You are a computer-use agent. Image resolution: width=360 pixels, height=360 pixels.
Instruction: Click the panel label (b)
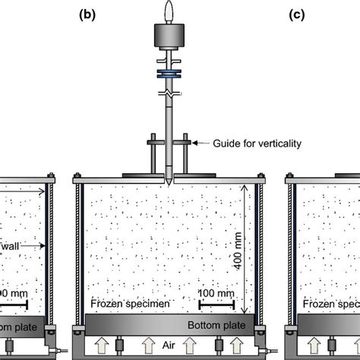click(x=89, y=11)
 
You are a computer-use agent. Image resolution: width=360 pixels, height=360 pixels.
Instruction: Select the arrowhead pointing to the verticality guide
click(x=196, y=141)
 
